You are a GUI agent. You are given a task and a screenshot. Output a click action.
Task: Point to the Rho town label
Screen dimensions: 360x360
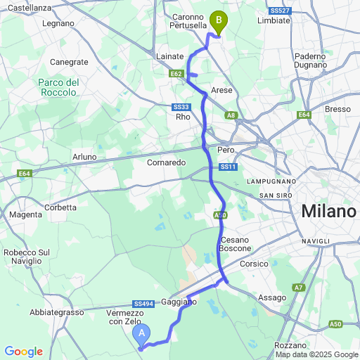[x=183, y=117]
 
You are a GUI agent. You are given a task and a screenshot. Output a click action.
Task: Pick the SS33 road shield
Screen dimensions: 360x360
[x=181, y=107]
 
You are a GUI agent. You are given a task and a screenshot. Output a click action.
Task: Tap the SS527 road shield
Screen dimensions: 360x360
[x=280, y=11]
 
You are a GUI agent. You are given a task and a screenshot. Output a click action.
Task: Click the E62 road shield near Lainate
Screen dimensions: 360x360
[x=176, y=73]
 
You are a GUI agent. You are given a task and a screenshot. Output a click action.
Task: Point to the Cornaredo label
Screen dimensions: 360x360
[x=167, y=162]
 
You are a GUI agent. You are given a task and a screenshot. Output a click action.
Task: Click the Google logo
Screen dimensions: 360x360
[x=23, y=352]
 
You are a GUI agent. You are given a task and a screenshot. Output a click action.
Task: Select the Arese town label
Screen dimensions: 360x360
[x=221, y=91]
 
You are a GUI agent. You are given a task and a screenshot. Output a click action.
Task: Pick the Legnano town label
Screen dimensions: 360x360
[x=58, y=23]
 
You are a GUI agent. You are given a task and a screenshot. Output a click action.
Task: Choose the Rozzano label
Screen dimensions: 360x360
[x=291, y=346]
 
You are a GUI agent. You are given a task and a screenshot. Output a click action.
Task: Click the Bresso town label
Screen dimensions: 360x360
[x=337, y=109]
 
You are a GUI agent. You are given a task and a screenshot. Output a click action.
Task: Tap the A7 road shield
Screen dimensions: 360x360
[x=299, y=288]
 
